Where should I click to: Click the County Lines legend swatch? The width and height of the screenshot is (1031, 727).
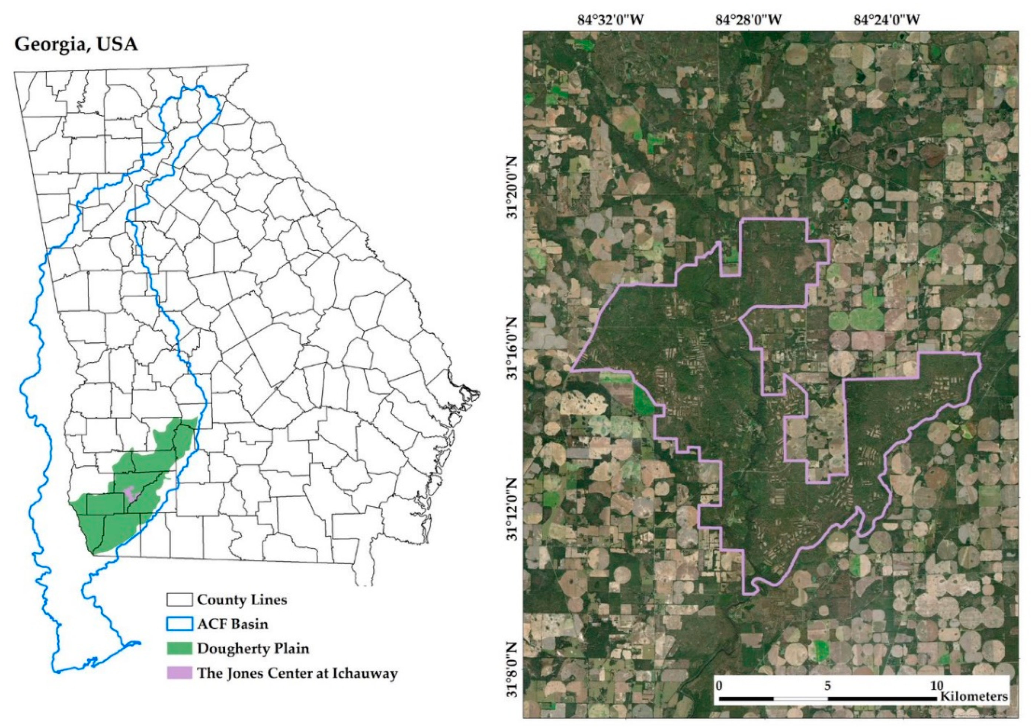click(x=179, y=600)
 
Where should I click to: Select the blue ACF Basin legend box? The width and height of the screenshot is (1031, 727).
click(x=179, y=624)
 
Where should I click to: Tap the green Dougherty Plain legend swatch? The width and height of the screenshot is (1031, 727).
click(x=179, y=648)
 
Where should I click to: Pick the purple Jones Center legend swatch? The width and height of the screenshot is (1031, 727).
click(x=179, y=673)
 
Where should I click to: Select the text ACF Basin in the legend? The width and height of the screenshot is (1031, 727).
click(x=232, y=624)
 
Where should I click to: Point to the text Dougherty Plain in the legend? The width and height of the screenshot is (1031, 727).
click(x=253, y=648)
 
